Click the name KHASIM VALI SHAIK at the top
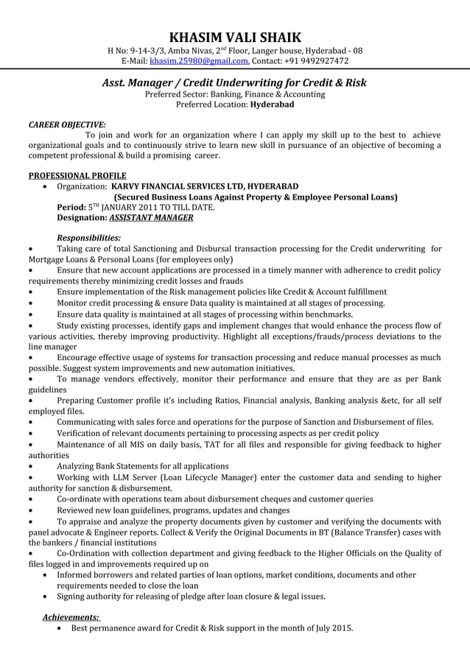[x=235, y=37]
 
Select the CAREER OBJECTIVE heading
[x=67, y=124]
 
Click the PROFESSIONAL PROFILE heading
[x=77, y=175]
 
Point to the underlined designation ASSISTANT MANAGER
[x=151, y=218]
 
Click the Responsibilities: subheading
[x=89, y=238]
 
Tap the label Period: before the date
[x=71, y=208]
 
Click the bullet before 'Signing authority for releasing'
[x=47, y=597]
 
